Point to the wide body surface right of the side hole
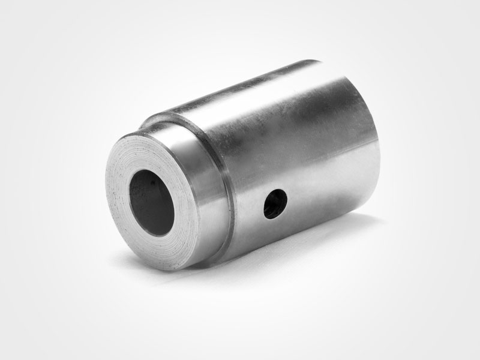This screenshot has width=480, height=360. [324, 198]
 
